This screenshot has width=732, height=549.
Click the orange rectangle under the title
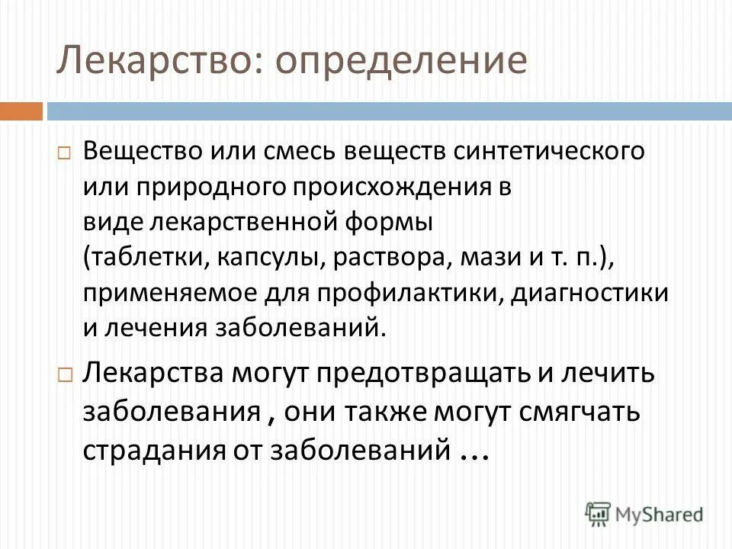[21, 111]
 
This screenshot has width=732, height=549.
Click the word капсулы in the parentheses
[268, 258]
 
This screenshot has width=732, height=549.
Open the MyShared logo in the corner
[644, 514]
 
